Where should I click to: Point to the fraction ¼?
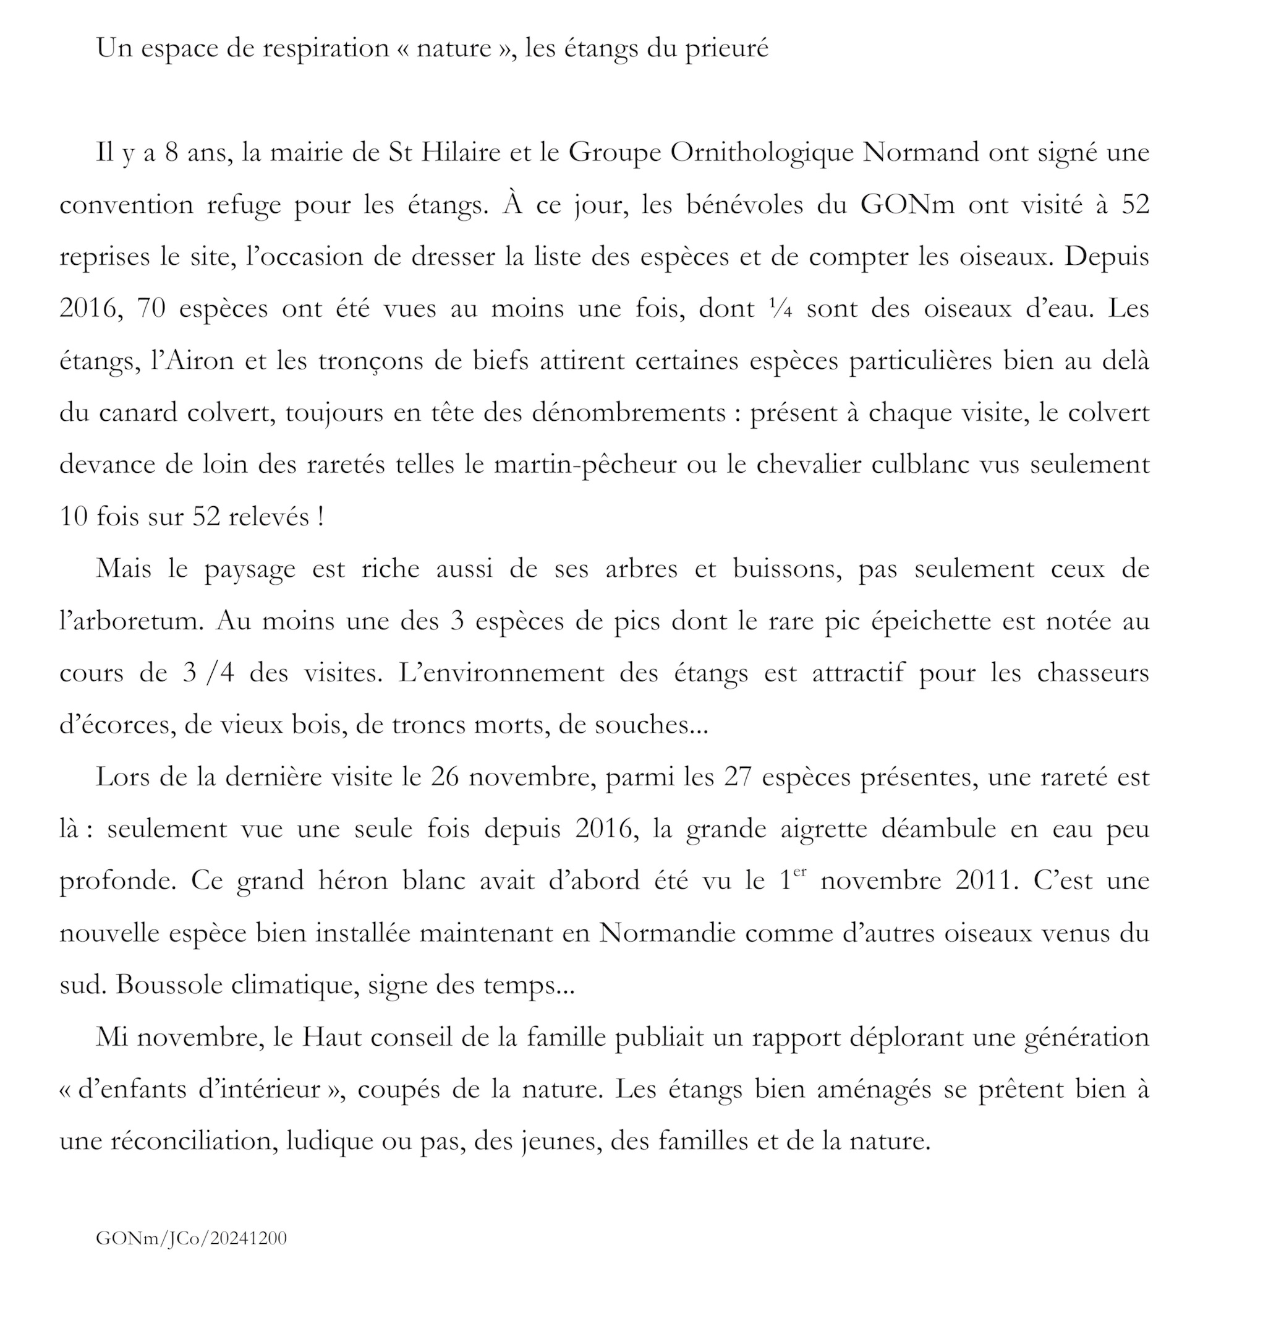coord(780,309)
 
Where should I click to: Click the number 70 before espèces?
coord(151,309)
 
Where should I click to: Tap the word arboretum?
coord(135,621)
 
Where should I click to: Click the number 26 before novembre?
coord(444,777)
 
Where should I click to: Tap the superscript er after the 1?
coord(799,872)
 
